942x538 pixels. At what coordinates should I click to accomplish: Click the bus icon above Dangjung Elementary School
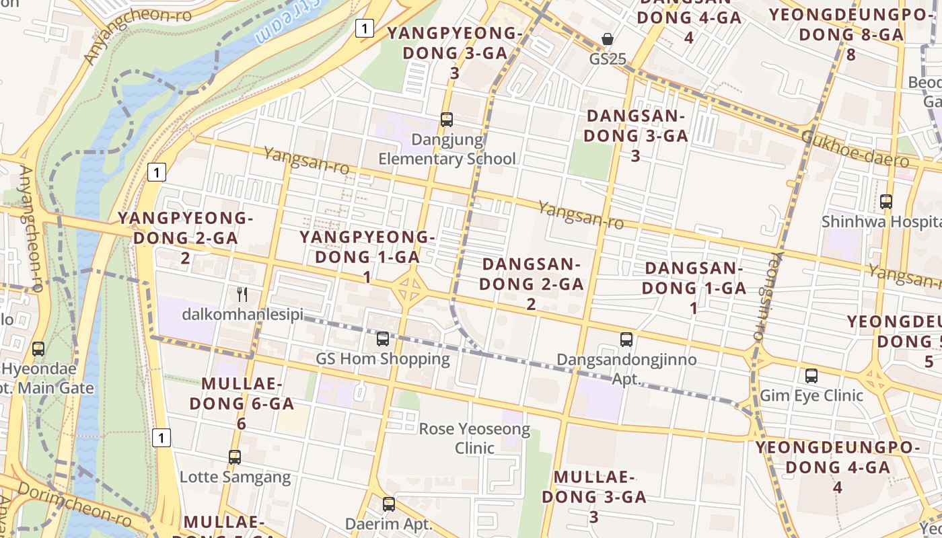point(447,120)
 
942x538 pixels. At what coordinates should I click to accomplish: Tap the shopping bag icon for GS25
point(608,39)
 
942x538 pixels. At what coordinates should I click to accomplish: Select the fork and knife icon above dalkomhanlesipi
point(243,294)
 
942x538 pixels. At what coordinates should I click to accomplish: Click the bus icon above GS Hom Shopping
point(383,338)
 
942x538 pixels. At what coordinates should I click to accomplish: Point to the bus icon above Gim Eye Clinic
point(811,375)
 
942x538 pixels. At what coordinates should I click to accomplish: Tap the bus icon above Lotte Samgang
point(235,457)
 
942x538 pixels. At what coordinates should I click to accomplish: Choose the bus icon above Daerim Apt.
point(388,504)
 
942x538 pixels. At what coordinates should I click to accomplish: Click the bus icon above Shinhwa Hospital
point(886,201)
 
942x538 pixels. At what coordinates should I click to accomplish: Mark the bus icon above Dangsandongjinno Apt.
point(626,340)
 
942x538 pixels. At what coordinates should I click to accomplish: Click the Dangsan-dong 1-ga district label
point(694,287)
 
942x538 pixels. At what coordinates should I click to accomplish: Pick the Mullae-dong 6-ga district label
point(242,403)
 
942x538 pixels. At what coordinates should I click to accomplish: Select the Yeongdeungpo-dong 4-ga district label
point(837,467)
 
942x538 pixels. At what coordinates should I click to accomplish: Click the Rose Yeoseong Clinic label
point(474,438)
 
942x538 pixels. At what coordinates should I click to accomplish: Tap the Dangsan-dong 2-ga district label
point(531,283)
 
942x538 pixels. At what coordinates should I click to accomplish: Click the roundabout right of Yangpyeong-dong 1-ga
point(409,287)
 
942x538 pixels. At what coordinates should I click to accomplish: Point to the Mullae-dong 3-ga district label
point(594,496)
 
